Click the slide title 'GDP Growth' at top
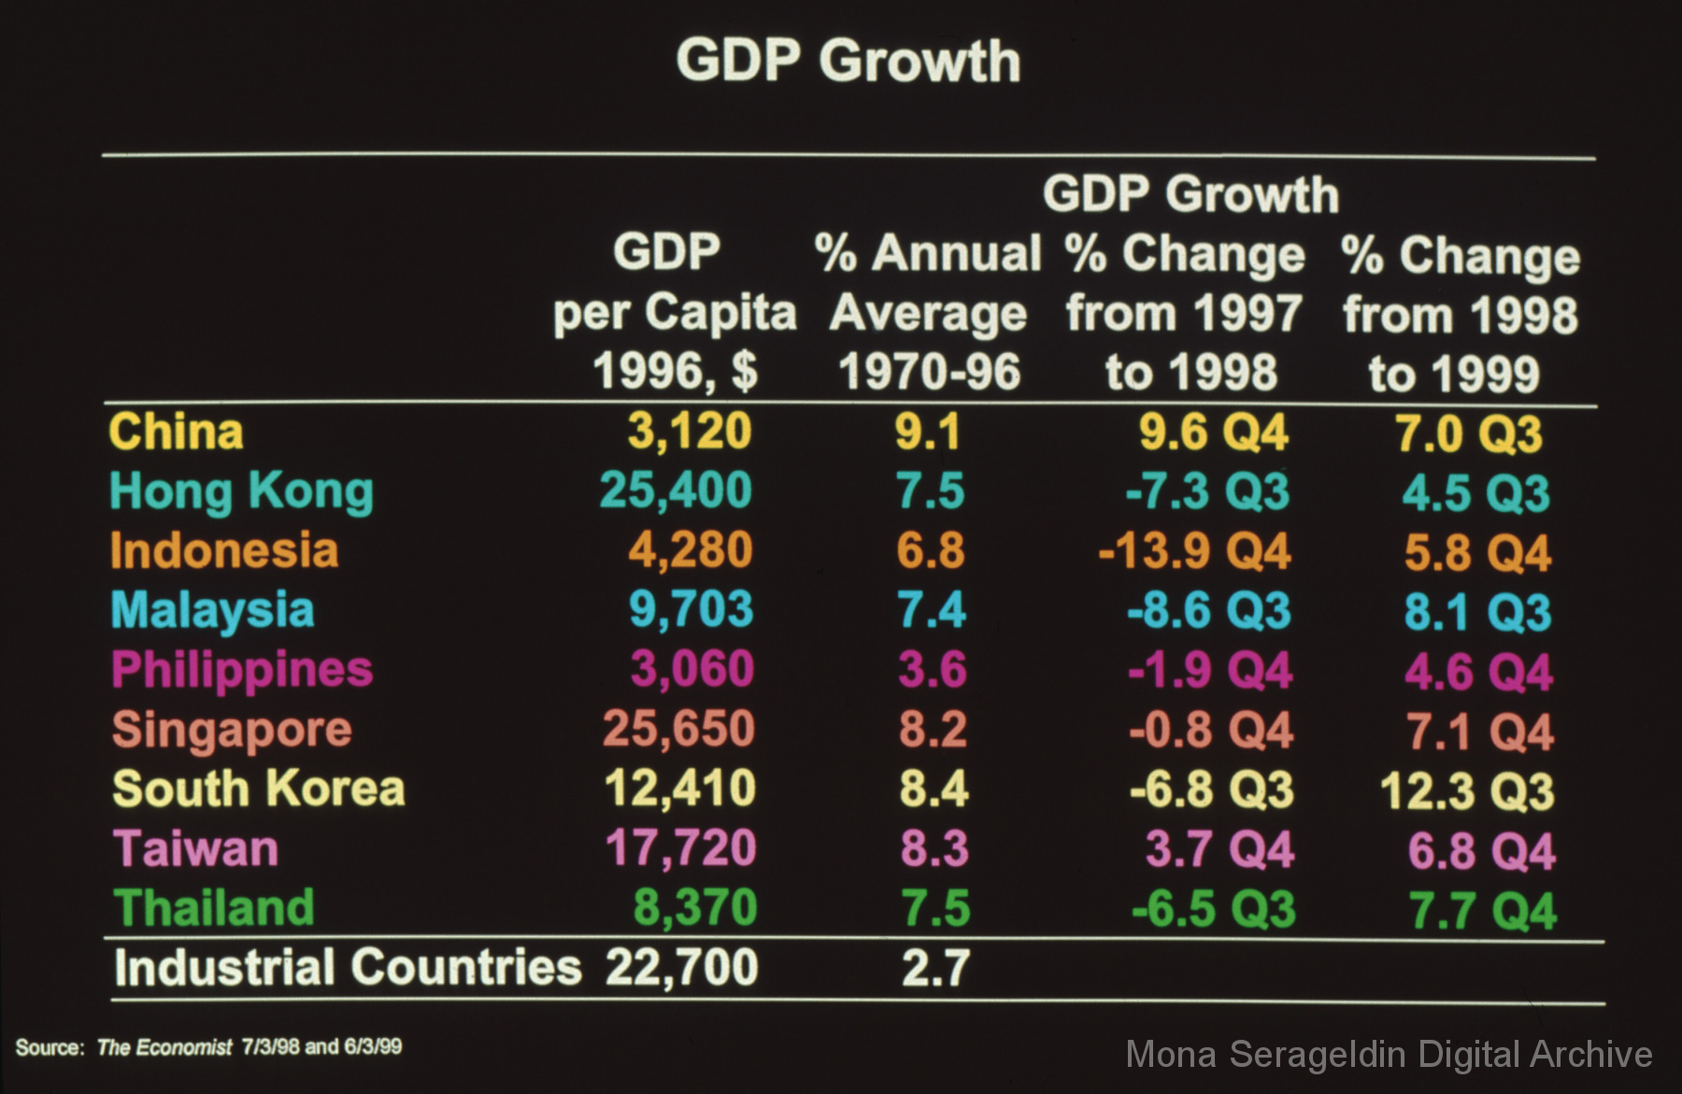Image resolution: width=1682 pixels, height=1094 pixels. coord(848,62)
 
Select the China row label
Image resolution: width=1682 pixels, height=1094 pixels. coord(176,432)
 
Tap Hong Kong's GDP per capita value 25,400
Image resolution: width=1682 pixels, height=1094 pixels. coord(676,490)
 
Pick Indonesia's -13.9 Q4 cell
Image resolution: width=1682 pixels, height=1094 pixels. coord(1194,551)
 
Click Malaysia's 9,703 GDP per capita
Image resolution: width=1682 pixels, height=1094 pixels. coord(691,610)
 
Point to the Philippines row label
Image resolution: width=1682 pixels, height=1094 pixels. coord(242,671)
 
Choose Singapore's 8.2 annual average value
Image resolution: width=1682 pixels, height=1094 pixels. coord(933,730)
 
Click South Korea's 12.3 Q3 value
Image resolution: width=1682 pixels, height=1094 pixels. coord(1467,790)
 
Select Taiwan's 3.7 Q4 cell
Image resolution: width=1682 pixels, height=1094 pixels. coord(1219,849)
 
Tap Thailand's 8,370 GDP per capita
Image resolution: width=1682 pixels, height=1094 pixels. coord(695,908)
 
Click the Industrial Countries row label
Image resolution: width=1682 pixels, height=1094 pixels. coord(348,967)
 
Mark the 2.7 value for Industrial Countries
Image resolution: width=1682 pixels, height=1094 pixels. coord(935,968)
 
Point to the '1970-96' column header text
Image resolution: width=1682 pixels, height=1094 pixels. coord(930,372)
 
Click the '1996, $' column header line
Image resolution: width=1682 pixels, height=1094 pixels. coord(675,371)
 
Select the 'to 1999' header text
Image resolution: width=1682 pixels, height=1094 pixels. coord(1454,374)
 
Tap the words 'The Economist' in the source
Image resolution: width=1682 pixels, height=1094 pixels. coord(164,1047)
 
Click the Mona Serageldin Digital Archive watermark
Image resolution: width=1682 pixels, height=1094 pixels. coord(1389,1055)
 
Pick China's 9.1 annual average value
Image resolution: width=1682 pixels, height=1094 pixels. coord(928,432)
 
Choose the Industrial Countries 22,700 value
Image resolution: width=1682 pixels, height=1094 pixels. coord(681,967)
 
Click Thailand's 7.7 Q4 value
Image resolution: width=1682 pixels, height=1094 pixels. coord(1483,911)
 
